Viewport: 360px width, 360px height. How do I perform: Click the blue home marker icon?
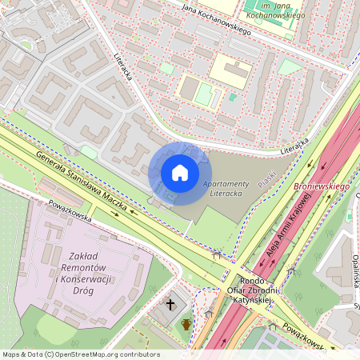click(x=180, y=173)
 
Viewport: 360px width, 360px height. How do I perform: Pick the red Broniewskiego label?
click(x=322, y=186)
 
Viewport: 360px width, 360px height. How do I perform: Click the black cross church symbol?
click(x=170, y=304)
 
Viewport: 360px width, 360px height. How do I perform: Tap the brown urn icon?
click(x=186, y=324)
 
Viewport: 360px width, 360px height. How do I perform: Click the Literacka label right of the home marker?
click(x=294, y=149)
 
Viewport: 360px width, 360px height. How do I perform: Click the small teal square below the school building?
click(x=233, y=97)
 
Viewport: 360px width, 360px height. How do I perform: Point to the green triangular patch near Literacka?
click(x=290, y=66)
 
